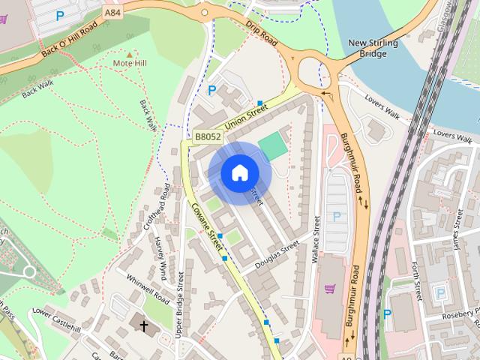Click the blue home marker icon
[239, 173]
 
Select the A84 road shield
[112, 13]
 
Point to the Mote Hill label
[130, 63]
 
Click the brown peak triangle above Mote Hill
[130, 54]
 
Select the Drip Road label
[261, 34]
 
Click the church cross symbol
[143, 326]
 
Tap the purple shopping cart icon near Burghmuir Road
[329, 289]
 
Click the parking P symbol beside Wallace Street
[337, 217]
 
